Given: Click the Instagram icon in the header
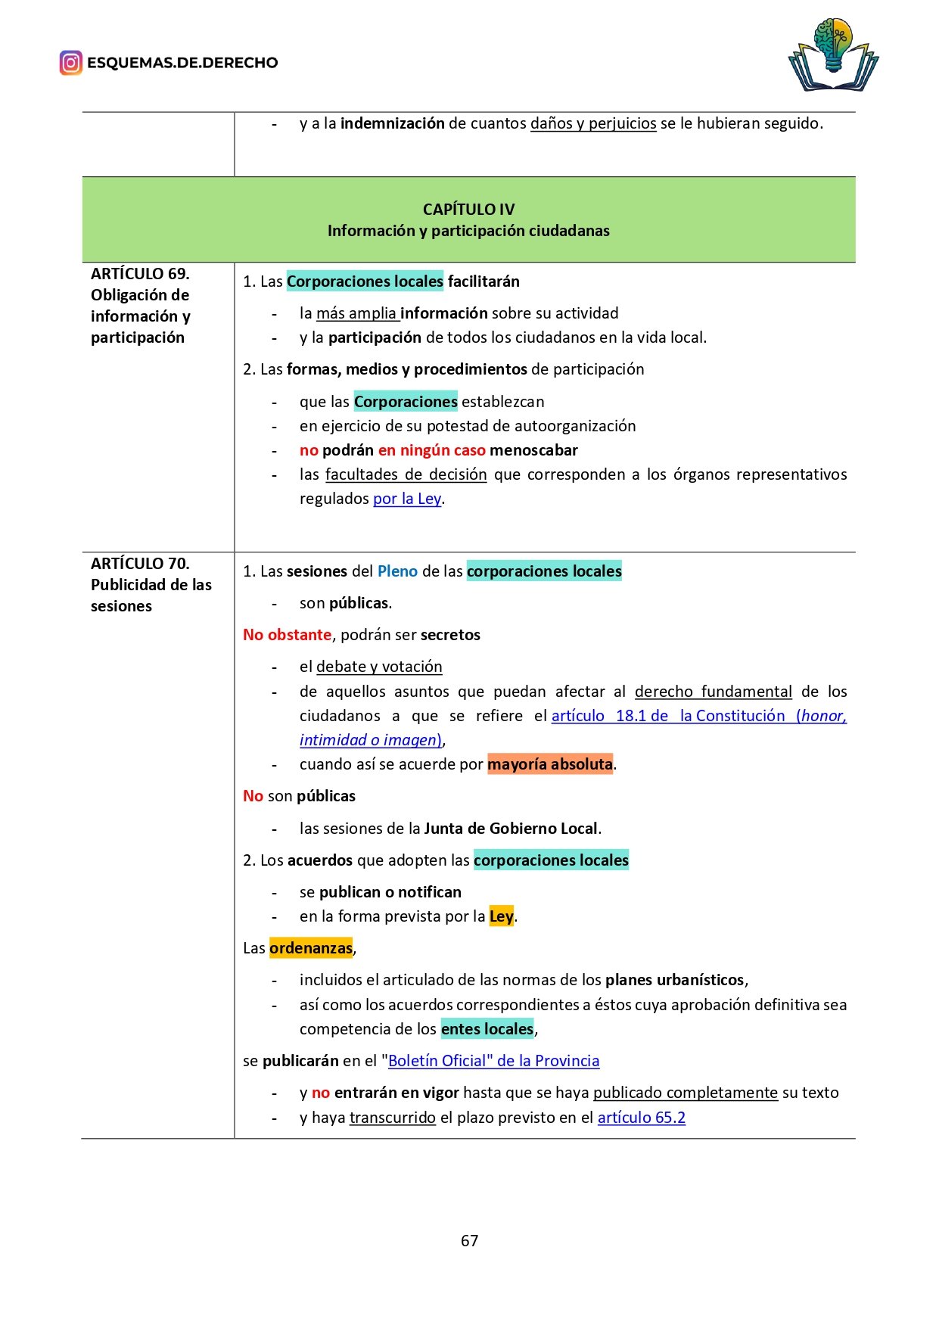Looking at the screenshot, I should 70,63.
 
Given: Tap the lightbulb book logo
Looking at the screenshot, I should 833,55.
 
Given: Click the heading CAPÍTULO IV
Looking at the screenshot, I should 468,210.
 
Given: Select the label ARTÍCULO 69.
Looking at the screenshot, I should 140,274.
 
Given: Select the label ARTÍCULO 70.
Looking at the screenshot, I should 140,564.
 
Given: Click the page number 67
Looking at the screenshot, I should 469,1240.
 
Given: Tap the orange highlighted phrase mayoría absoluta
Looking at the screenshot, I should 550,764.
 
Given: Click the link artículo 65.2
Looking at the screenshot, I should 641,1118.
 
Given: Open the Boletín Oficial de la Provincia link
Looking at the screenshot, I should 493,1061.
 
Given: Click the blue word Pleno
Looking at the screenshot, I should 397,571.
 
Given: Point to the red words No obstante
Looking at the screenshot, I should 287,635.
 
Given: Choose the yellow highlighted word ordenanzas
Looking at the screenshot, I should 311,948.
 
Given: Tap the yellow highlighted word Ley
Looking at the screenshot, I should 501,916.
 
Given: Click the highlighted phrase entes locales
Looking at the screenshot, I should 487,1029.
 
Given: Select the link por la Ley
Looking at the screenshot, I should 407,499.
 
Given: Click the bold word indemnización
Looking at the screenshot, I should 392,123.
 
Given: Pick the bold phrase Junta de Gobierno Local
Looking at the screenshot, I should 511,829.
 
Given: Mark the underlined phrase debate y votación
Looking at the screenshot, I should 379,667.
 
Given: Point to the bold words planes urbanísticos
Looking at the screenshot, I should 675,980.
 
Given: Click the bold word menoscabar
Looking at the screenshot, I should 533,450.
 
